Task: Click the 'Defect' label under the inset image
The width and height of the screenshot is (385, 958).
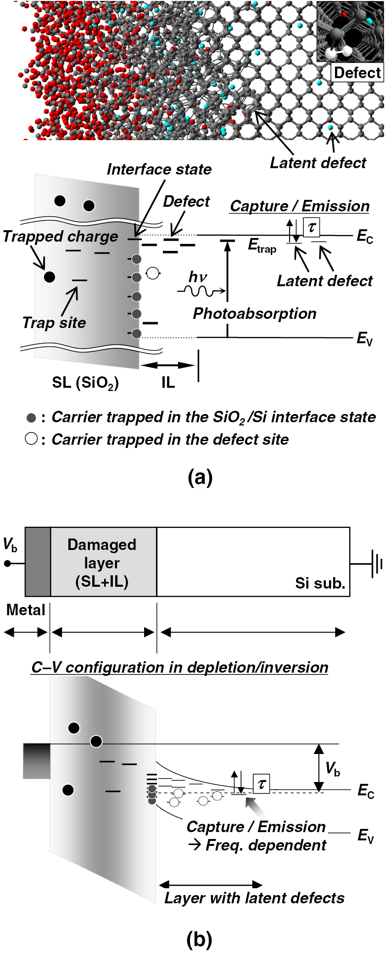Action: pos(357,73)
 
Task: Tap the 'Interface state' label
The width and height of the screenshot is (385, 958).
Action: pos(159,169)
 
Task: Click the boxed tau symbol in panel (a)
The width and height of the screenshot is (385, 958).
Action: pos(312,227)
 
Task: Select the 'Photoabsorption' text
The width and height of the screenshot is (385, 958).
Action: pos(254,313)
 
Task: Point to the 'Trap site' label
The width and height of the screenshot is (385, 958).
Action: pos(54,323)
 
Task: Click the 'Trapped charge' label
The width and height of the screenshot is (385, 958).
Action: pos(60,236)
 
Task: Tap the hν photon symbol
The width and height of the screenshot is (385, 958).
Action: pos(198,277)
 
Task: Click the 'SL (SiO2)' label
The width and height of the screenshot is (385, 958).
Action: pos(85,383)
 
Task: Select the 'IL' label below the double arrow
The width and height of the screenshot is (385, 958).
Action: pos(168,383)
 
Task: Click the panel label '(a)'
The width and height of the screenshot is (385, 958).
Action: pos(200,478)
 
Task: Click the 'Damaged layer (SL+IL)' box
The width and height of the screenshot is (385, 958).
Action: pos(103,562)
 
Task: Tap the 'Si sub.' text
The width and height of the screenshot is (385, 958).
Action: pos(320,583)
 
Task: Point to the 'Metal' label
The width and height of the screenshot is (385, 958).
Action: pos(26,610)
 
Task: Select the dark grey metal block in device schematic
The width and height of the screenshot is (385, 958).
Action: pos(38,562)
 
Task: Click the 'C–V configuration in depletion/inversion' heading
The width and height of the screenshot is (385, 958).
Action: pos(179,667)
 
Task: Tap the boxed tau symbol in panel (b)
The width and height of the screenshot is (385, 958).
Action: pos(261,783)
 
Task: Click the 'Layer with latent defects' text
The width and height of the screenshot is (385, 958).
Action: pos(254,898)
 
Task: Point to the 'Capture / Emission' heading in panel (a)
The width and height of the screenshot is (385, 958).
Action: pos(300,206)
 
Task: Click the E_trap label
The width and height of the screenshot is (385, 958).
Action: pos(262,246)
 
